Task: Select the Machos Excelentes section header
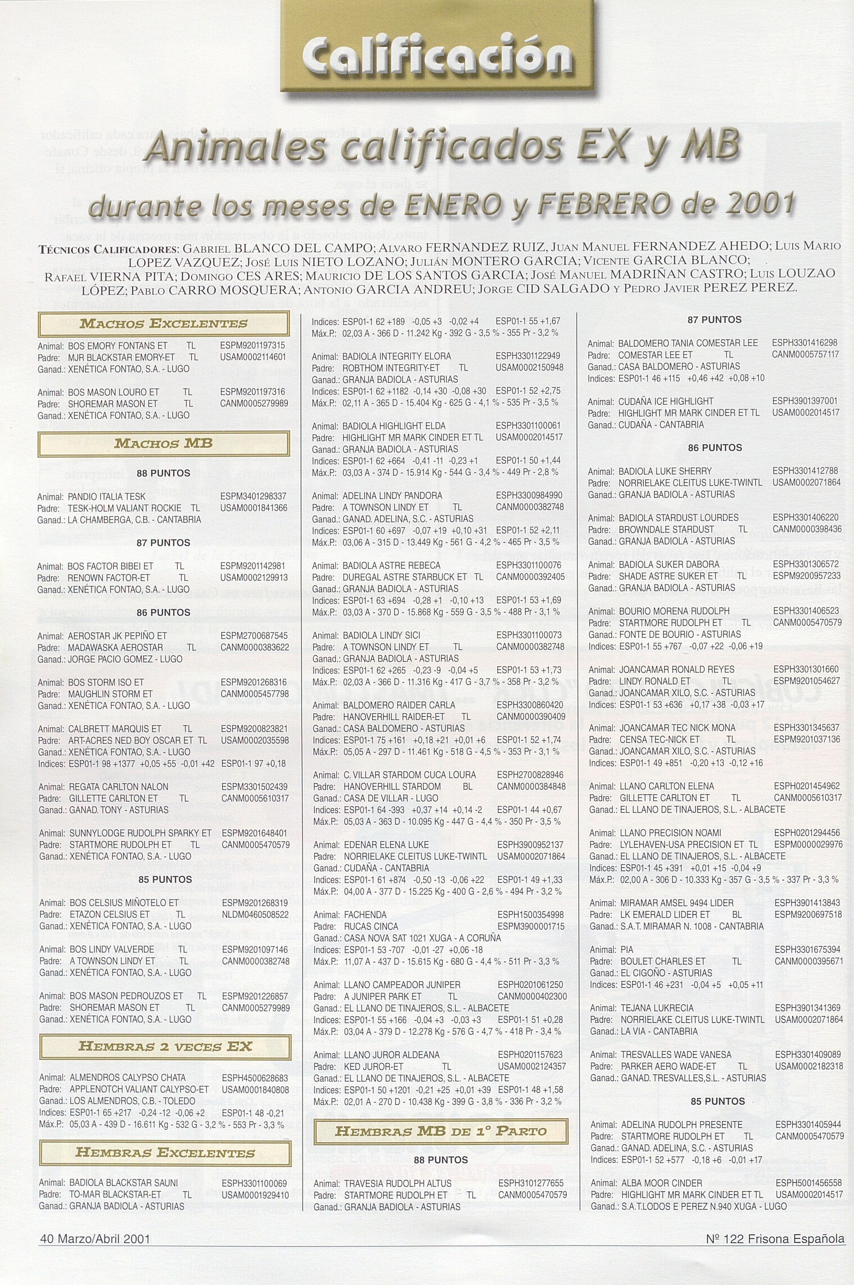pyautogui.click(x=163, y=323)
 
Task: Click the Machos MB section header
pyautogui.click(x=163, y=443)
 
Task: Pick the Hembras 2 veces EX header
pyautogui.click(x=165, y=1046)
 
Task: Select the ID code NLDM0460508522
pyautogui.click(x=255, y=914)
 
